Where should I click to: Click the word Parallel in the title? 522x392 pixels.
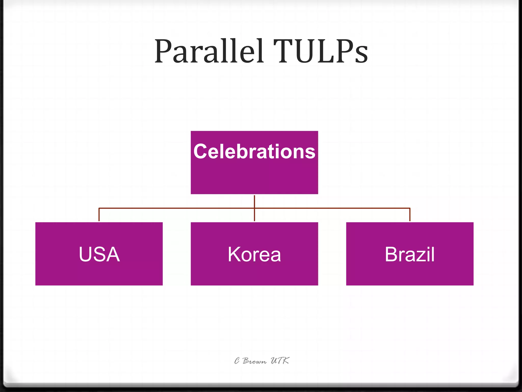tap(209, 51)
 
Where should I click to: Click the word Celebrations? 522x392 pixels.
tap(254, 151)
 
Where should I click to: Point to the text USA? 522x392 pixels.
tap(99, 254)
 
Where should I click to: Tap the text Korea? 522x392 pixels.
tap(254, 254)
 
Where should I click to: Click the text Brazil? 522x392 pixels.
tap(410, 254)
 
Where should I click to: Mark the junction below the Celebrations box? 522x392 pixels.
tap(254, 208)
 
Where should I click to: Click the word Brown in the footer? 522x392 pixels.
tap(254, 361)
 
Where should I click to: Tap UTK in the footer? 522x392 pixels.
tap(280, 361)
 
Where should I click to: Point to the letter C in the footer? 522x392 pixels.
tap(237, 361)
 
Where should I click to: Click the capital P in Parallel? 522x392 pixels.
tap(163, 51)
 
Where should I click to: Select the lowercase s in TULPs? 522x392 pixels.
tap(361, 55)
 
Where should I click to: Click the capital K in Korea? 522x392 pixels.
tap(234, 254)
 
